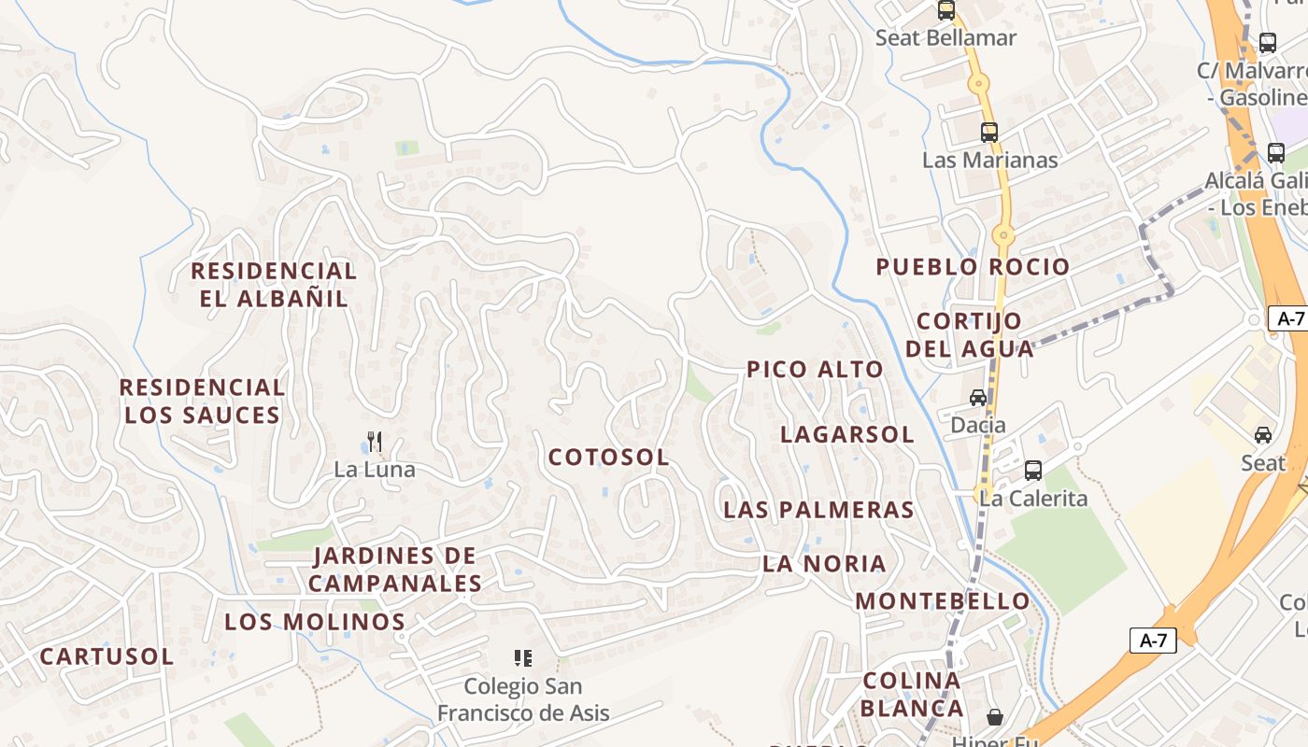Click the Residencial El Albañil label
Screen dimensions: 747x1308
coord(274,285)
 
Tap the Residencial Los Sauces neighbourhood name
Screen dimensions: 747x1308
coord(203,401)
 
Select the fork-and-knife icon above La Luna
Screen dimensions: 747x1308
coord(375,442)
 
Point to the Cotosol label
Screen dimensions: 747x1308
coord(609,458)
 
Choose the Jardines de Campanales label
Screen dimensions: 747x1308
coord(395,570)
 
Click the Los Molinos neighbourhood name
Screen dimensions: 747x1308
coord(315,622)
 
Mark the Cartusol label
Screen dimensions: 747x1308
coord(107,656)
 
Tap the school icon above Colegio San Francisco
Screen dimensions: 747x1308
coord(523,658)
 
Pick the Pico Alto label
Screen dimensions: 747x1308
coord(815,370)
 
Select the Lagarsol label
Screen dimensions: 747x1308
coord(847,434)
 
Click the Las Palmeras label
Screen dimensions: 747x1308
coord(818,510)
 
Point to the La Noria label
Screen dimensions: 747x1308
coord(824,563)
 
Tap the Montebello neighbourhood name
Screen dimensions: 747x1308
coord(943,600)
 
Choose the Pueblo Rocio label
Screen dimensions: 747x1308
coord(973,267)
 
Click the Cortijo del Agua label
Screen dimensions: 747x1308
coord(970,335)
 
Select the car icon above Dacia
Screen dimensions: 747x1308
coord(978,398)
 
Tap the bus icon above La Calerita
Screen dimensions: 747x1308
coord(1033,470)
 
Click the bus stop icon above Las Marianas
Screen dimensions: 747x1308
coord(989,133)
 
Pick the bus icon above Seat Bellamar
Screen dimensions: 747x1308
coord(946,11)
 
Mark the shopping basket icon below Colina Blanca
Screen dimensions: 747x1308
coord(995,716)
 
